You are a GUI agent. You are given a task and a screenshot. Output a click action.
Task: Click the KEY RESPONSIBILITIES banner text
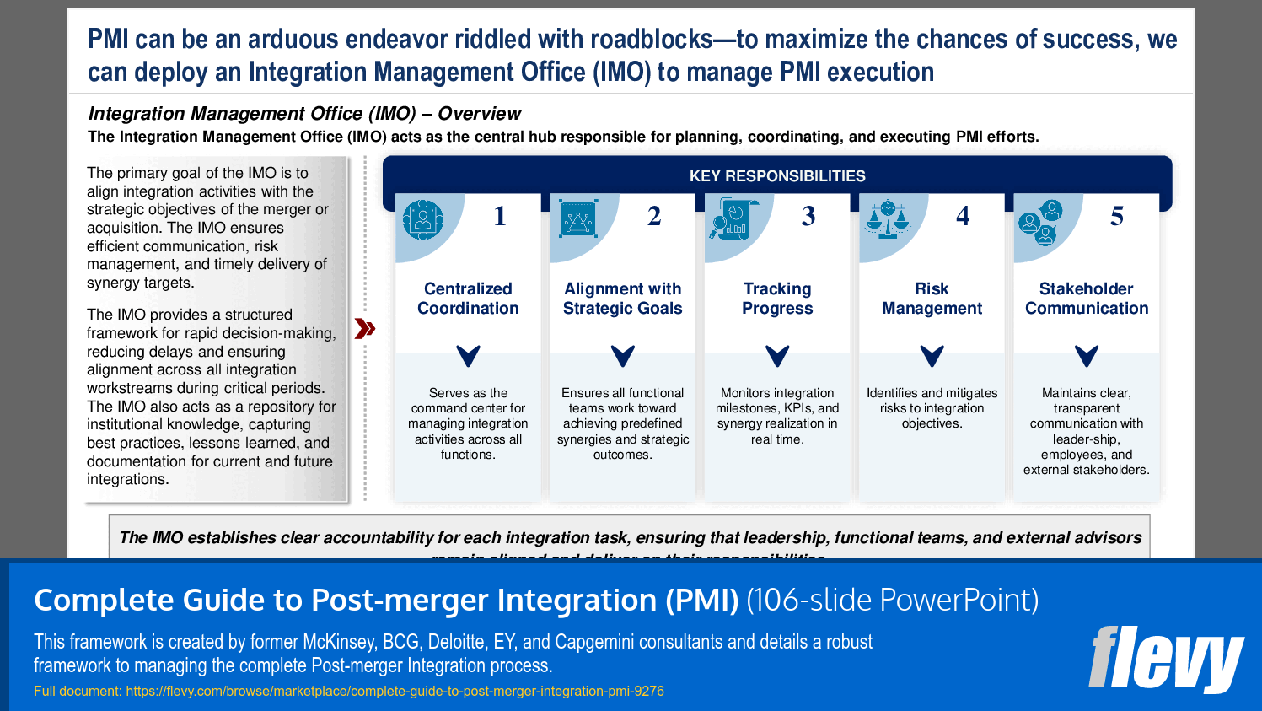(x=777, y=176)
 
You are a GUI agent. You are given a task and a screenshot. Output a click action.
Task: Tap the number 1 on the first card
(x=500, y=217)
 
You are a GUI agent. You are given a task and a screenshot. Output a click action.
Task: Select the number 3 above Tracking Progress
(x=808, y=217)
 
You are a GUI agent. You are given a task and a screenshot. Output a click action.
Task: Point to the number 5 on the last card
(x=1117, y=217)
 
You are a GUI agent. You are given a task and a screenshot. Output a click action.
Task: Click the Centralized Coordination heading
(x=468, y=299)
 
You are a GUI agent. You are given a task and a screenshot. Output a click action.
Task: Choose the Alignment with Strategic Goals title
(x=622, y=299)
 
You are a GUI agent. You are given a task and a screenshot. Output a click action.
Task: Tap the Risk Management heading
(x=932, y=299)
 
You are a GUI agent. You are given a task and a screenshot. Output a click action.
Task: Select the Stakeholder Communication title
(x=1087, y=299)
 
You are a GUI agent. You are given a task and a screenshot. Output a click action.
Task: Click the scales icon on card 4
(x=888, y=219)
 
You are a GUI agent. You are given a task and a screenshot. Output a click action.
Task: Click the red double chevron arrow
(x=364, y=329)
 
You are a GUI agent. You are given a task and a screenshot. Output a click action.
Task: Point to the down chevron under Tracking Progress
(x=777, y=356)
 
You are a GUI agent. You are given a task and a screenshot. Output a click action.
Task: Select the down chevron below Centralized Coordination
(x=468, y=356)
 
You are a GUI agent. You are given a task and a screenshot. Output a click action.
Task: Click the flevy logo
(x=1165, y=659)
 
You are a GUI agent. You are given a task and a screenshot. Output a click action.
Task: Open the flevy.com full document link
(x=395, y=692)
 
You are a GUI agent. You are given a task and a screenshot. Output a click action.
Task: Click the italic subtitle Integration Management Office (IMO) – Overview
(x=304, y=114)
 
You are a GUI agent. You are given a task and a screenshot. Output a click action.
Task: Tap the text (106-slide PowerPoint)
(x=892, y=601)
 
